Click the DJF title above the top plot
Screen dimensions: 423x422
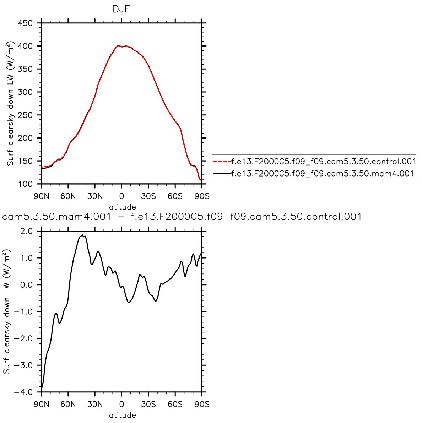coord(121,10)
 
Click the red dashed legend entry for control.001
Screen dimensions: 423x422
coord(314,162)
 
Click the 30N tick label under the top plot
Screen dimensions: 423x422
coord(95,196)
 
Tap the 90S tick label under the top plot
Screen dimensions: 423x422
coord(202,196)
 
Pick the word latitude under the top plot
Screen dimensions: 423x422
coord(121,206)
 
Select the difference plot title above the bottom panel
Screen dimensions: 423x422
coord(182,217)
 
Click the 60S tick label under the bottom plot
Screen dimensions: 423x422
coord(175,404)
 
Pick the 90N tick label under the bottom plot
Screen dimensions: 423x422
coord(42,404)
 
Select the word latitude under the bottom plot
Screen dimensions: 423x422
coord(121,415)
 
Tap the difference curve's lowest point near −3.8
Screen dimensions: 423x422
coord(42,387)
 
